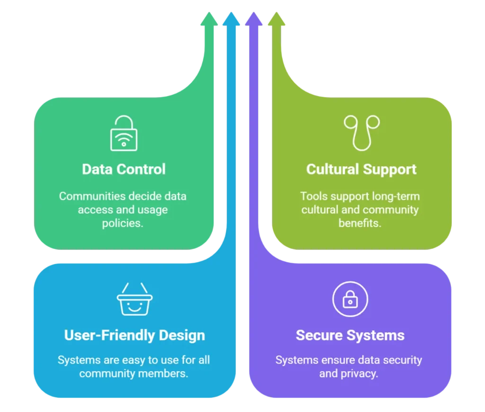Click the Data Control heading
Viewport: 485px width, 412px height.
[124, 169]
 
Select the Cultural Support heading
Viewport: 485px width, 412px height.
[361, 169]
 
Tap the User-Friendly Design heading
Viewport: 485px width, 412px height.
[135, 335]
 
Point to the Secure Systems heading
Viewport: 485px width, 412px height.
[350, 335]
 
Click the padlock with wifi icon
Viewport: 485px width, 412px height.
[124, 134]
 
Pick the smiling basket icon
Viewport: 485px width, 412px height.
[135, 299]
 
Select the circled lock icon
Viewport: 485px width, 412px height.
[350, 299]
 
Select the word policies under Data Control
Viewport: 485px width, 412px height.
[123, 223]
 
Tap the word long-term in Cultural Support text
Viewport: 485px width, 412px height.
[391, 196]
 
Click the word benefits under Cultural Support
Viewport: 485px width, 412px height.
[359, 223]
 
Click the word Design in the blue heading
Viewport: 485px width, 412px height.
[182, 335]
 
